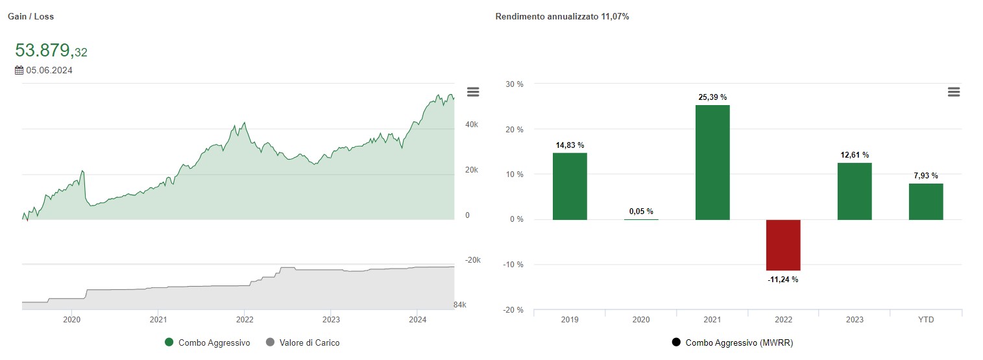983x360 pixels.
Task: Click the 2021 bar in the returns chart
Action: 712,162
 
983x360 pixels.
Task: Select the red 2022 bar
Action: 784,245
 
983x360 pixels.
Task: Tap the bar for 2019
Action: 570,186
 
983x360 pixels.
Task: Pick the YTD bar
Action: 926,202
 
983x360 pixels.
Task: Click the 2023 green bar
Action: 855,191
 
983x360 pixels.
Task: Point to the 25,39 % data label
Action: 712,97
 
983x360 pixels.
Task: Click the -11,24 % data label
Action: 783,280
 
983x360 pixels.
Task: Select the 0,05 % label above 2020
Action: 641,211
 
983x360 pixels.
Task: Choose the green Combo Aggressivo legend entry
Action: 208,342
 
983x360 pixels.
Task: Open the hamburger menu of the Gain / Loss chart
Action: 473,92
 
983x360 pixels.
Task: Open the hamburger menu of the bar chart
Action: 953,92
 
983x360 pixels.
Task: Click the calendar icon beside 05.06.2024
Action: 19,70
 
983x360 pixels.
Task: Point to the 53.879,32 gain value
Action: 51,51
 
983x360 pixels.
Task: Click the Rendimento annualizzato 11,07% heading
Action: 562,17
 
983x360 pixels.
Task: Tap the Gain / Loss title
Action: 30,17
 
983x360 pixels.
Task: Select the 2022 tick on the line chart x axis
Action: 245,319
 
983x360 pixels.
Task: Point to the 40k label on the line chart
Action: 471,125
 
